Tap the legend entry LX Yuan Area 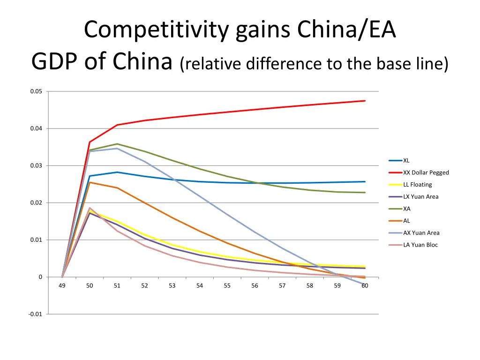click(420, 197)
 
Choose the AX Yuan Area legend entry click(421, 233)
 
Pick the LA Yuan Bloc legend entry click(420, 245)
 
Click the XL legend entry click(406, 160)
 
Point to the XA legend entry click(406, 209)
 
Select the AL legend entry click(406, 221)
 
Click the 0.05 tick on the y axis click(36, 91)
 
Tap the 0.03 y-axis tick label click(36, 165)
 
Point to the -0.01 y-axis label click(35, 314)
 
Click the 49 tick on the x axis click(62, 285)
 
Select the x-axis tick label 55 click(227, 285)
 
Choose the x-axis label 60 click(365, 285)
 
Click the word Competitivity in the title click(157, 30)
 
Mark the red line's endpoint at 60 click(365, 101)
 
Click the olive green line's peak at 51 click(117, 144)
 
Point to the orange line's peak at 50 click(90, 182)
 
